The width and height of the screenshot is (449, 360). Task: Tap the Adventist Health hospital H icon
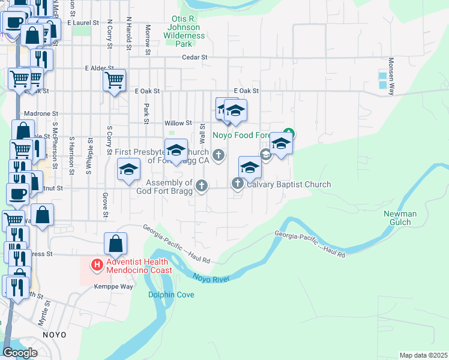96,265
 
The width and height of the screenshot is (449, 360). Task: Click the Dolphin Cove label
171,295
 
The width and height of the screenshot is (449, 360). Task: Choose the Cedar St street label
194,58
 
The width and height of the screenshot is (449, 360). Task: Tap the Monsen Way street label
391,77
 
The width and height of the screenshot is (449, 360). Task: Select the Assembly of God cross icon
202,187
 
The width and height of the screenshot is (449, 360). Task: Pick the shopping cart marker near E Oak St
114,79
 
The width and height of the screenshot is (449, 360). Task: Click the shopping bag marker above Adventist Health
115,244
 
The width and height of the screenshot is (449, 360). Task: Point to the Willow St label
178,123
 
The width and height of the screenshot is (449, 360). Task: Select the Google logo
19,353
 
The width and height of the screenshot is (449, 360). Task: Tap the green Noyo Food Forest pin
289,133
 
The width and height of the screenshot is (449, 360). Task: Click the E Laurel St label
83,22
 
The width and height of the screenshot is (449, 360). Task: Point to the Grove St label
105,205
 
